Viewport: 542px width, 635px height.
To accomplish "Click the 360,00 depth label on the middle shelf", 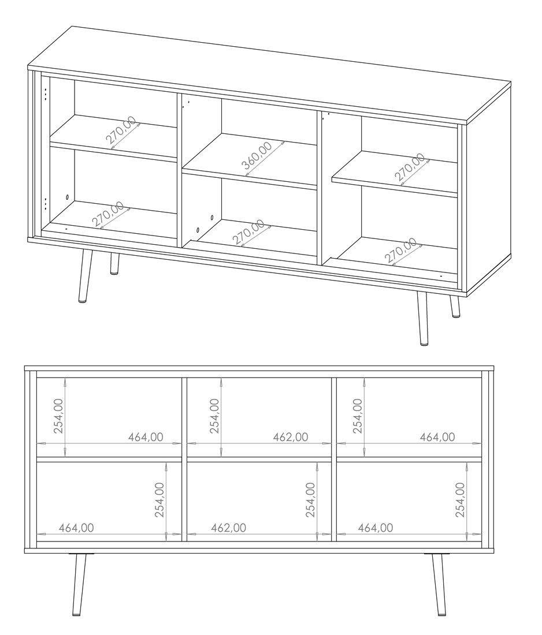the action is click(x=257, y=155).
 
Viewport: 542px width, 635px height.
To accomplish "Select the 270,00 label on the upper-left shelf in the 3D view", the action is click(x=121, y=130).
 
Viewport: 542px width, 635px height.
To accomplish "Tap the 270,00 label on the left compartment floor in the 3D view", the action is click(x=107, y=214).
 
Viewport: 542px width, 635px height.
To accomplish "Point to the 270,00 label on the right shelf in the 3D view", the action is click(x=410, y=167).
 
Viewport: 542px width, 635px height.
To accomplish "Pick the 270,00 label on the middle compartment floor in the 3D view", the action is click(x=248, y=231).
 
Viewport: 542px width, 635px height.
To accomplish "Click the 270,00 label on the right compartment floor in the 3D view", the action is click(x=400, y=251).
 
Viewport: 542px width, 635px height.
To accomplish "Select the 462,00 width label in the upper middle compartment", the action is click(x=290, y=438).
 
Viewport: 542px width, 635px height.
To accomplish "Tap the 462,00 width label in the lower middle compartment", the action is click(x=228, y=528).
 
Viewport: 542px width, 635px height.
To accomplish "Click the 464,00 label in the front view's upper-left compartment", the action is click(x=146, y=438).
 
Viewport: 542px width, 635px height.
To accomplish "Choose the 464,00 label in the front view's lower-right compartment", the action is click(x=376, y=528).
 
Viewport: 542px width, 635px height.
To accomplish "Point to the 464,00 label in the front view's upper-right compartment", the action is click(x=437, y=438).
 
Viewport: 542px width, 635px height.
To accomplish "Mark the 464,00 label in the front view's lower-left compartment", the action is click(x=76, y=528).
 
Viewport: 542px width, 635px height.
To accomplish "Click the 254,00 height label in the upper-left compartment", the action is click(x=59, y=416).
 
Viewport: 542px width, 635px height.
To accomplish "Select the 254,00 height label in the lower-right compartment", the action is click(x=460, y=500).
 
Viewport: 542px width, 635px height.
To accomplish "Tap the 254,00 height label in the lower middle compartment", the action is click(x=310, y=500).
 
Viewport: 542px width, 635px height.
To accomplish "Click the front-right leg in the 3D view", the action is click(x=422, y=318).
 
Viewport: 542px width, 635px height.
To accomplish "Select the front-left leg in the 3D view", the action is click(x=85, y=276).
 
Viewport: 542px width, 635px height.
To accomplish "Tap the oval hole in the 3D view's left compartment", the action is click(x=67, y=197).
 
